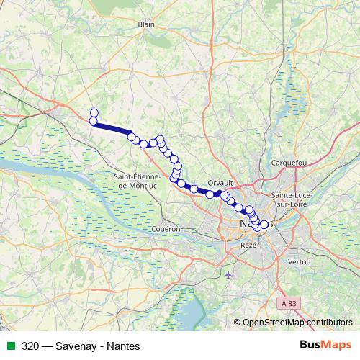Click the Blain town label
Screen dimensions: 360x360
(147, 24)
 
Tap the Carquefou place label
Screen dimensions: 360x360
(289, 163)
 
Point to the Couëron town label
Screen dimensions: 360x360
(166, 228)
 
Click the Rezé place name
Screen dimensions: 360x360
(248, 246)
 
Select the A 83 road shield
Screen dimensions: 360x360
(289, 305)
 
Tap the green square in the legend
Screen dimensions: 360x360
(9, 346)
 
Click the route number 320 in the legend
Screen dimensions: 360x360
(30, 346)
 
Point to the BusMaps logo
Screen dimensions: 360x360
(325, 345)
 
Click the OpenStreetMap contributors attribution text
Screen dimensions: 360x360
(297, 322)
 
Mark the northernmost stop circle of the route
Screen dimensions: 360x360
(94, 112)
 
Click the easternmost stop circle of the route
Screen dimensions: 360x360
(264, 225)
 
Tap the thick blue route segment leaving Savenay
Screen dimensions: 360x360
(112, 127)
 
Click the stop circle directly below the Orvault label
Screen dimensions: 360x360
(210, 194)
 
